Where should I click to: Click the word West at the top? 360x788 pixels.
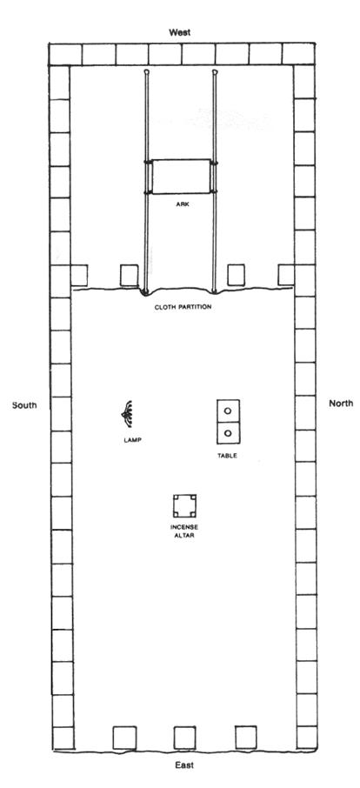coord(179,33)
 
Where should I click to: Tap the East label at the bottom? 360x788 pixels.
coord(183,765)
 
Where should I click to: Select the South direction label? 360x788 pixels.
coord(24,405)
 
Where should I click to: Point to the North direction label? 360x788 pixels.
coord(341,403)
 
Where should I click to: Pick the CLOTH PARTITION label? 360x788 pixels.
coord(183,306)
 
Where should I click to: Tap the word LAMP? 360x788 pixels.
coord(132,440)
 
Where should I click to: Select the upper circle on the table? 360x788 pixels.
coord(228,411)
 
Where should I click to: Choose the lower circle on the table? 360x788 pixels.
coord(228,432)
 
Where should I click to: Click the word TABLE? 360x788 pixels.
coord(227,456)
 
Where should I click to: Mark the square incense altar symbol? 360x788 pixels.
coord(184,506)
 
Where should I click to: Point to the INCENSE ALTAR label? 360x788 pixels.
coord(184,531)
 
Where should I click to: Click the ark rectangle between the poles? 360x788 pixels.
coord(181,177)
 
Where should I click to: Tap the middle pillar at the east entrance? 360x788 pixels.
coord(184,738)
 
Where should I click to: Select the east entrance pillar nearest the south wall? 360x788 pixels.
coord(124,738)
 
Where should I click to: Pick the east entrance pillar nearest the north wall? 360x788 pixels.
coord(246,738)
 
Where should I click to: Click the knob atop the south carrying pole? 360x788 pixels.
coord(146,72)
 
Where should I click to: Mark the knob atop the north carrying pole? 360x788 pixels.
coord(215,72)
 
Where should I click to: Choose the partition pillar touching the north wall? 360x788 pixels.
coord(286,275)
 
